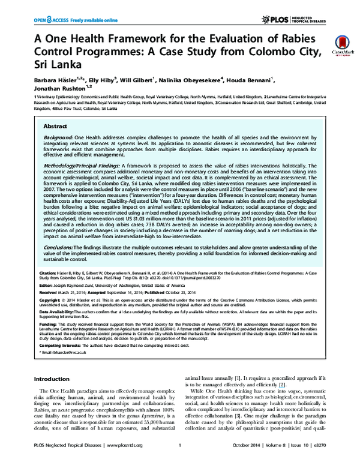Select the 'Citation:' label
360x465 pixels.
(x=49, y=271)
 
